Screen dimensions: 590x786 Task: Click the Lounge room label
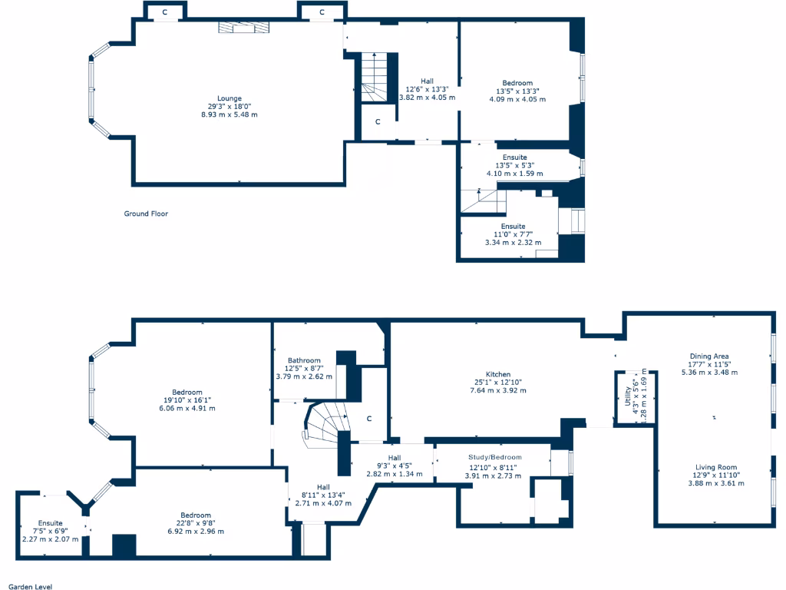click(230, 98)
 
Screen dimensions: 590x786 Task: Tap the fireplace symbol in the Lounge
click(244, 28)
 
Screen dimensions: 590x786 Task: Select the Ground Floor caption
click(146, 214)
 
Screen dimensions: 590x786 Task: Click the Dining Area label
click(709, 356)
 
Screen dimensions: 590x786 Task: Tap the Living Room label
click(715, 467)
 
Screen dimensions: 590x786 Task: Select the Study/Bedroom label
click(495, 457)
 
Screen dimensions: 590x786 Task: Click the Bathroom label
click(304, 360)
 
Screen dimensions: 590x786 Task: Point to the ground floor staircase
click(375, 78)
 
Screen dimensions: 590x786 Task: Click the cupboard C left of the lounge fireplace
click(165, 12)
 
